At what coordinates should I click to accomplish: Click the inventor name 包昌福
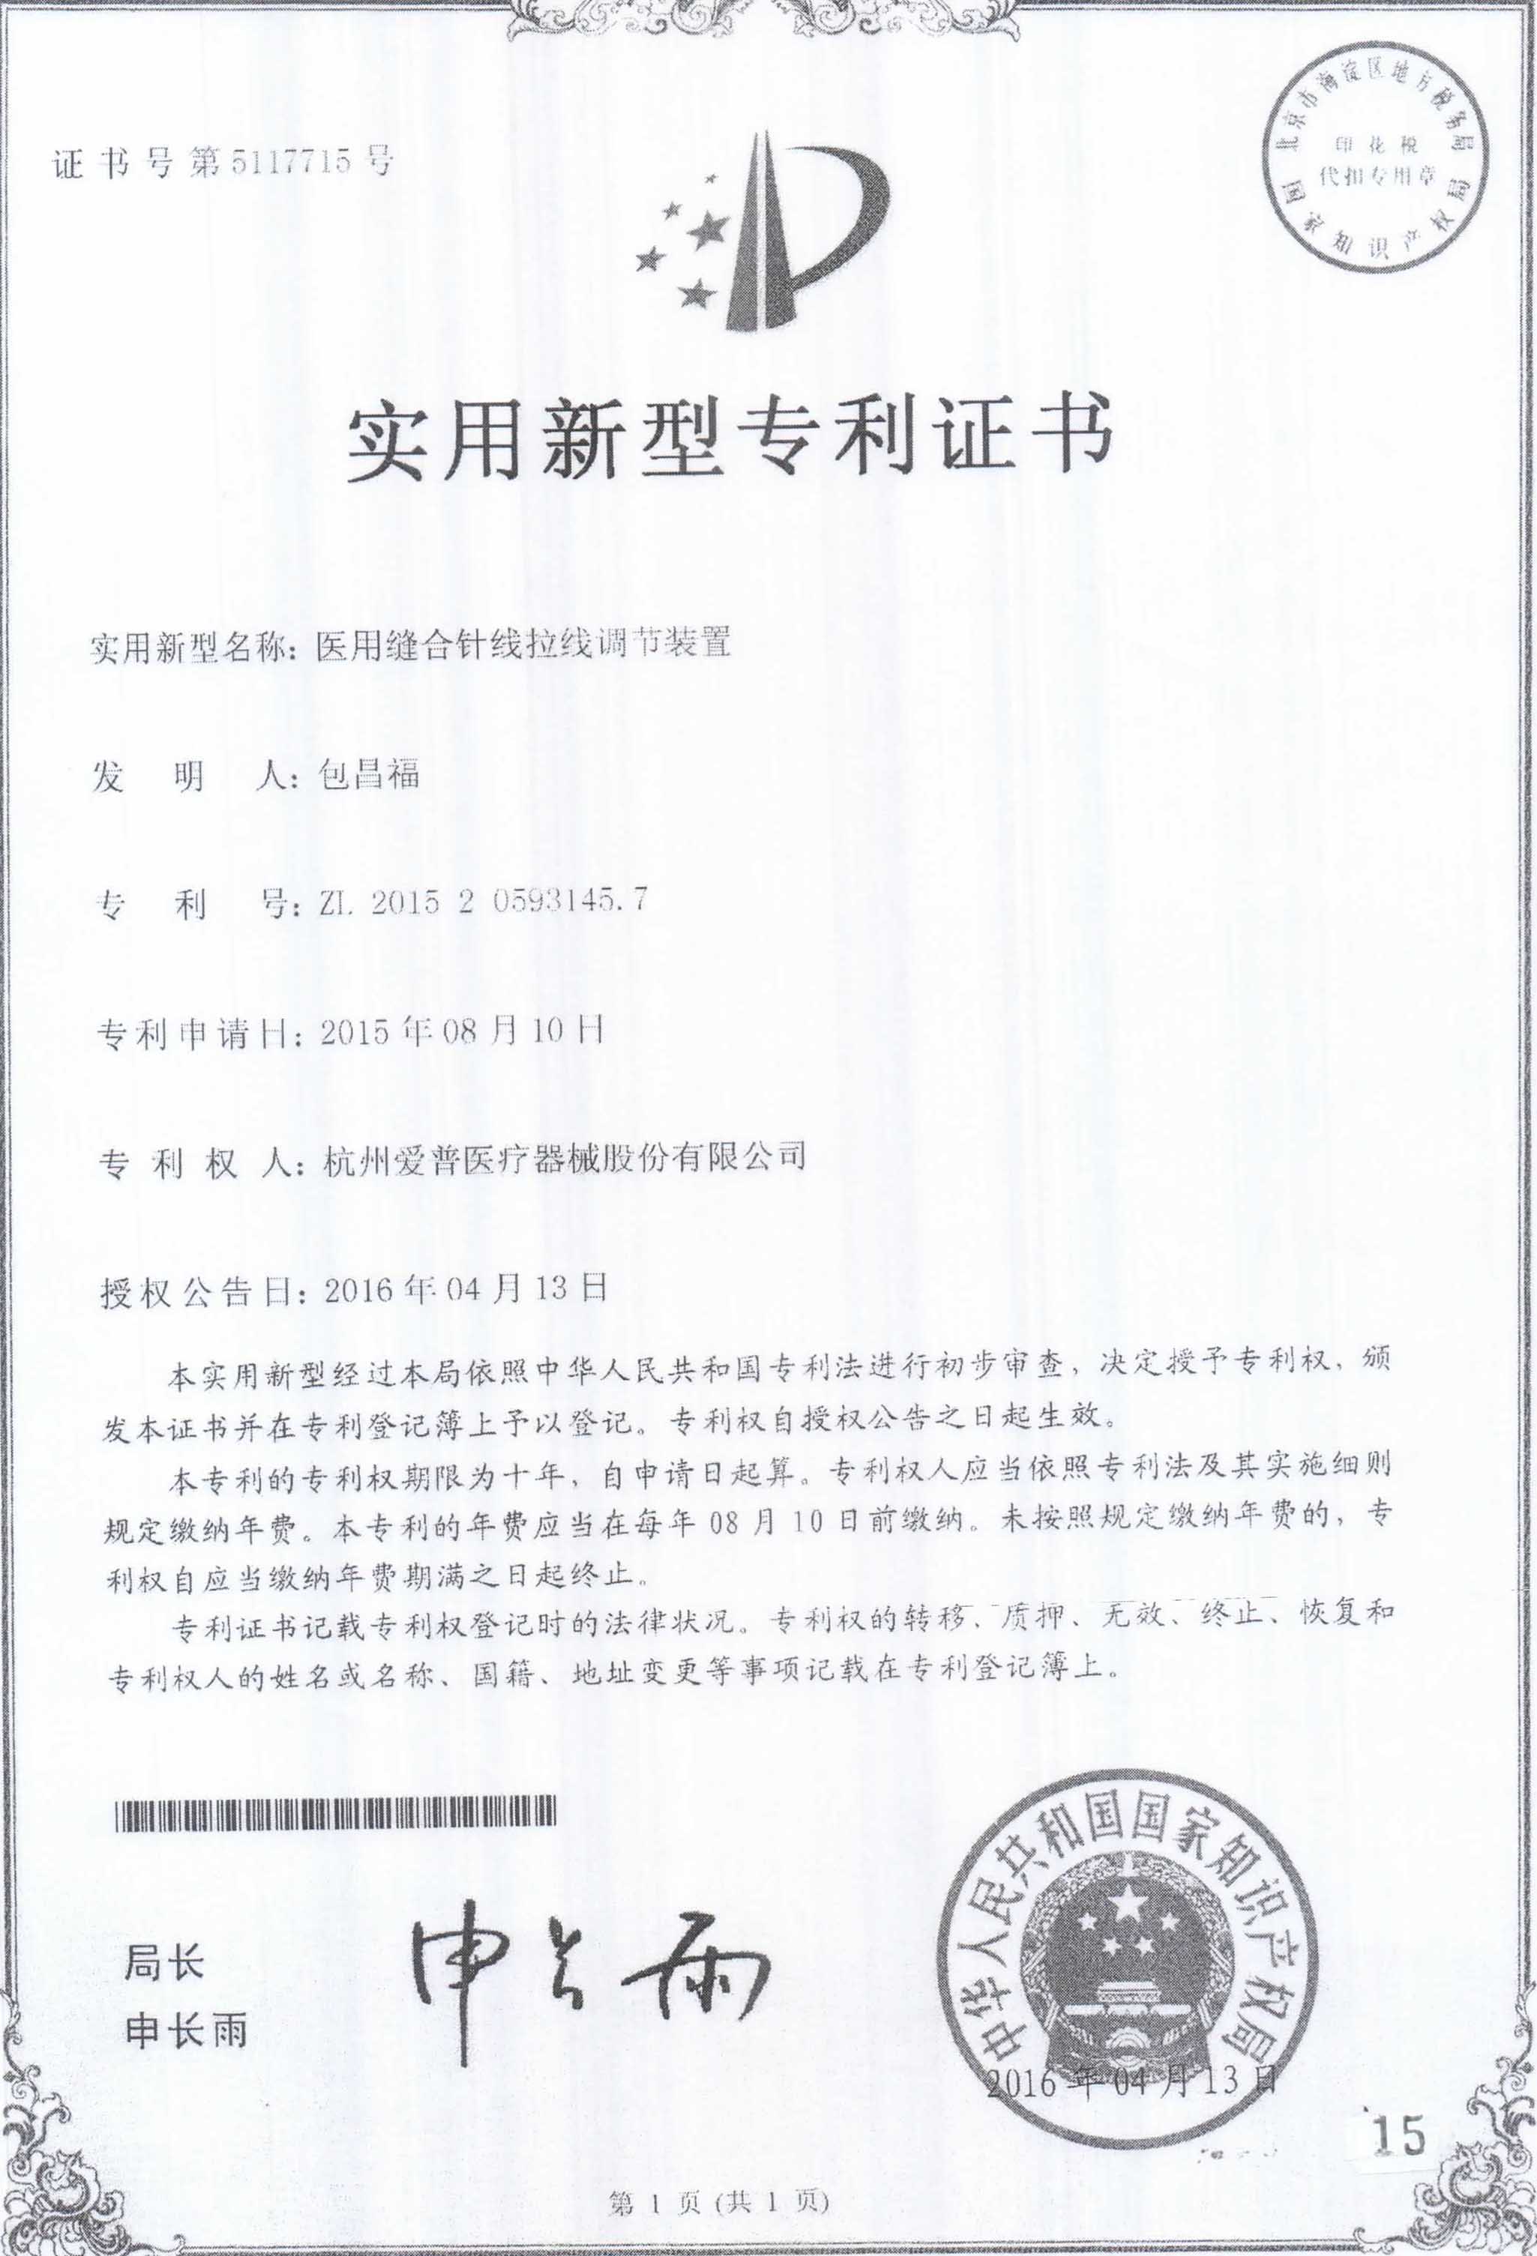pos(369,775)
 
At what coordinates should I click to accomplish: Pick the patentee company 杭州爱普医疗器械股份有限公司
pos(563,1157)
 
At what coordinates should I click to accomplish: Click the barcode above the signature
pos(336,1812)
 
